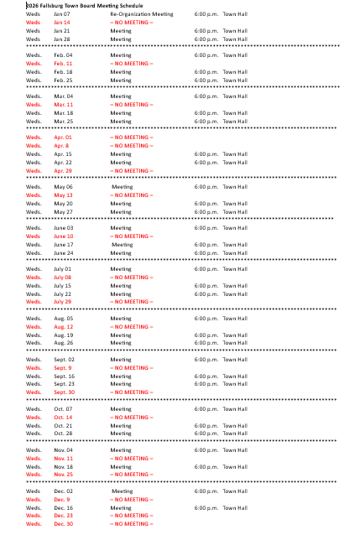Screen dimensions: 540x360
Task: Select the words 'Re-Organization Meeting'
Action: [141, 14]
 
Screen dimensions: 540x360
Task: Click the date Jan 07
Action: [62, 14]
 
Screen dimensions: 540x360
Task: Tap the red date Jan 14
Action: [62, 23]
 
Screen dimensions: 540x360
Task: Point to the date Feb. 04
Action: [64, 55]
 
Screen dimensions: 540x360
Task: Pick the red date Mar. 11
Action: [64, 104]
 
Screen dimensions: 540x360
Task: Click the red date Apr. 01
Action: [64, 137]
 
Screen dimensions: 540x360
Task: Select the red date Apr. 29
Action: [64, 170]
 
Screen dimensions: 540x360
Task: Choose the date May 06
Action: [64, 186]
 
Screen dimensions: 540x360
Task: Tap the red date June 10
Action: [64, 236]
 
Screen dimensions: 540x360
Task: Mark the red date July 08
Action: [64, 277]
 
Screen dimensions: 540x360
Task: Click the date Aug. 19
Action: [64, 335]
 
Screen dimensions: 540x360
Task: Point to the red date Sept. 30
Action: [65, 392]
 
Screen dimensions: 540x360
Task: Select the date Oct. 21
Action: [64, 425]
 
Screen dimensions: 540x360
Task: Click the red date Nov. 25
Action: [64, 475]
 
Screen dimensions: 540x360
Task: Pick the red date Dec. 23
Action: [64, 516]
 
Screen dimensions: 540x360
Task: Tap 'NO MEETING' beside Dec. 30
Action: [132, 523]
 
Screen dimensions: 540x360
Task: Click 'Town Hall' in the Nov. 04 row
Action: [235, 449]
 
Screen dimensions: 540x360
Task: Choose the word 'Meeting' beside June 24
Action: [122, 252]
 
